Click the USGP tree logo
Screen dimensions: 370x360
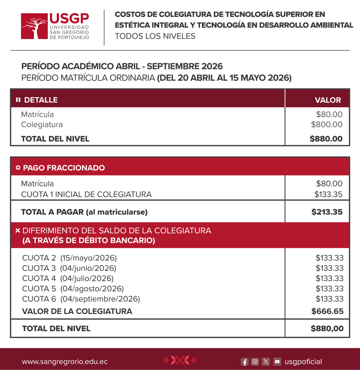pyautogui.click(x=34, y=26)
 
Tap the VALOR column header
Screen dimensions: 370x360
pyautogui.click(x=328, y=100)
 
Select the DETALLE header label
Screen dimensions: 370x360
pyautogui.click(x=41, y=100)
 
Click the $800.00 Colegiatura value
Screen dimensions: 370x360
pyautogui.click(x=326, y=125)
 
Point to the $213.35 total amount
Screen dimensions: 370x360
pyautogui.click(x=327, y=212)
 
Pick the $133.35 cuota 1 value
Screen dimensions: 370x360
pyautogui.click(x=328, y=194)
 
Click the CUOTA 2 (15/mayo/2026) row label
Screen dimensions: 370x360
pyautogui.click(x=69, y=258)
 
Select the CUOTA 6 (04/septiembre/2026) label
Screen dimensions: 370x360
pyautogui.click(x=81, y=299)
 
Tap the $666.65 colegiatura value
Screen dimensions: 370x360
pyautogui.click(x=327, y=311)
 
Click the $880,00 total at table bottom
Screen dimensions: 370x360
pyautogui.click(x=327, y=328)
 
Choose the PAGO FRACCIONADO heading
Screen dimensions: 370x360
pyautogui.click(x=64, y=168)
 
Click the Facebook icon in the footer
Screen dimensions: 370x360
pyautogui.click(x=245, y=362)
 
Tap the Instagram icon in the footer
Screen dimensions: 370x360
pyautogui.click(x=255, y=362)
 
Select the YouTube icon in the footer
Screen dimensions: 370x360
pyautogui.click(x=277, y=362)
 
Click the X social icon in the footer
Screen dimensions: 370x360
pyautogui.click(x=266, y=362)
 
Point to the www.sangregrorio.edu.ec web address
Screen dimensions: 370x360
pyautogui.click(x=65, y=362)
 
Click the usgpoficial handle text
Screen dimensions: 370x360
pyautogui.click(x=303, y=362)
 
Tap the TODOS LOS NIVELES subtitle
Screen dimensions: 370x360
pyautogui.click(x=155, y=36)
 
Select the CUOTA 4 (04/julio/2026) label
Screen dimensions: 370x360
pyautogui.click(x=68, y=278)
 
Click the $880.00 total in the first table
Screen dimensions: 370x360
pyautogui.click(x=326, y=139)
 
